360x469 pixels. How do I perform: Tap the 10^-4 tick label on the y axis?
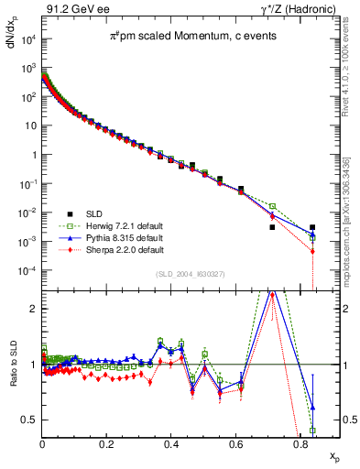27,271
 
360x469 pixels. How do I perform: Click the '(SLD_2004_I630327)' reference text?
190,274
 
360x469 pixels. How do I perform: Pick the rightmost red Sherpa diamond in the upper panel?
313,251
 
